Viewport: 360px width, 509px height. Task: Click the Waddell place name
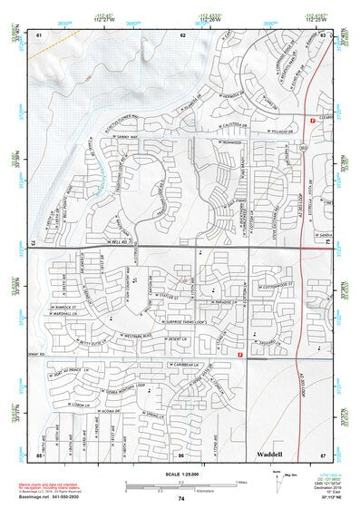[270, 452]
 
